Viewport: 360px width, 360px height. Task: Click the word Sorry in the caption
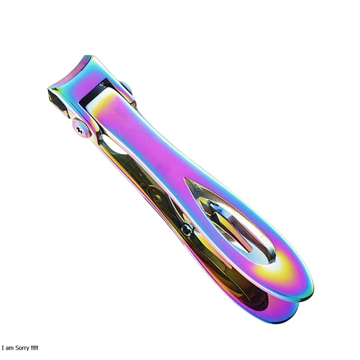coord(22,348)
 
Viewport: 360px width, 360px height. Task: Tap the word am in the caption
coord(10,348)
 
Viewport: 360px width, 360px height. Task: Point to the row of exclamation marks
coord(35,348)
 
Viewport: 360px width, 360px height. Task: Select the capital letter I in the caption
coord(3,348)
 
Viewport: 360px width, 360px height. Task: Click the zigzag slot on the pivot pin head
coord(79,130)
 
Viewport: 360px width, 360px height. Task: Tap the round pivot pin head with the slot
coord(81,128)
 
